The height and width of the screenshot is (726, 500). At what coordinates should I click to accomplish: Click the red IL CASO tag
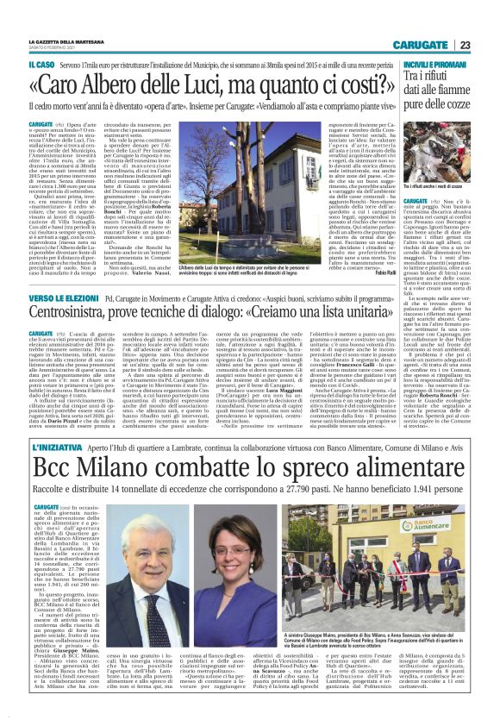click(x=42, y=66)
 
